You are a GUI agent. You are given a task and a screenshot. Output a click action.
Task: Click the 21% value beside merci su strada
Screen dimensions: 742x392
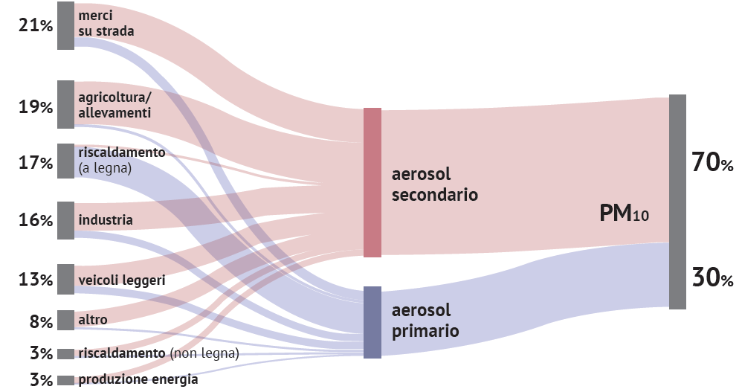36,25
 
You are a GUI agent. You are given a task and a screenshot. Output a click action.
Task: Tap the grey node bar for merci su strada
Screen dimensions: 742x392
65,25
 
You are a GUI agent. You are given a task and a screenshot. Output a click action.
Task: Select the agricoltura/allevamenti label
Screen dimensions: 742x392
114,105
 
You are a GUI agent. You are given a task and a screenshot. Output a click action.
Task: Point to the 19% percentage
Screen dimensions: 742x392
36,107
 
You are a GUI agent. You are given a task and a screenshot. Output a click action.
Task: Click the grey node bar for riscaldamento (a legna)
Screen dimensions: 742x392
65,161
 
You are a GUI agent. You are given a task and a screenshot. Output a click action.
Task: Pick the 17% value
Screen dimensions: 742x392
36,163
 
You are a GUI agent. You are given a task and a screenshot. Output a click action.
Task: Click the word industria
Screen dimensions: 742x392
106,219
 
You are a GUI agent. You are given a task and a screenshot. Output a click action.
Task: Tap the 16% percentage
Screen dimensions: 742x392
36,220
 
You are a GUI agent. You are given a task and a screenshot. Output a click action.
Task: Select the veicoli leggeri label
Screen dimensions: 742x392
122,280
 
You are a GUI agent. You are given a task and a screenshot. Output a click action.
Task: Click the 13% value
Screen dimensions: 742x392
36,280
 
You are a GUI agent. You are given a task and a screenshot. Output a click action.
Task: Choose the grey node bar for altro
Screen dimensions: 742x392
65,320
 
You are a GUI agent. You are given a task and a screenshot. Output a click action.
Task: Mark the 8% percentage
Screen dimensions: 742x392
41,322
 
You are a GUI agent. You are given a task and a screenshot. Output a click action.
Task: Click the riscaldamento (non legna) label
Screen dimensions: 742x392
158,353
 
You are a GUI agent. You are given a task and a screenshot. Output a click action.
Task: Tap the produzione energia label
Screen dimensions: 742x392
138,379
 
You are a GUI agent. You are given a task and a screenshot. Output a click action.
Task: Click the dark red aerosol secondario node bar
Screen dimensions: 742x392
372,183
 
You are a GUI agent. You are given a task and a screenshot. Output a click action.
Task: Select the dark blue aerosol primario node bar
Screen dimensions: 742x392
372,322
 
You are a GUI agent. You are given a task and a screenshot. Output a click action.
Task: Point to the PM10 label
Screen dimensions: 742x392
625,213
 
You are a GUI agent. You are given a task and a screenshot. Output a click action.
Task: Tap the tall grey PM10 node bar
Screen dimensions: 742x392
677,202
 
